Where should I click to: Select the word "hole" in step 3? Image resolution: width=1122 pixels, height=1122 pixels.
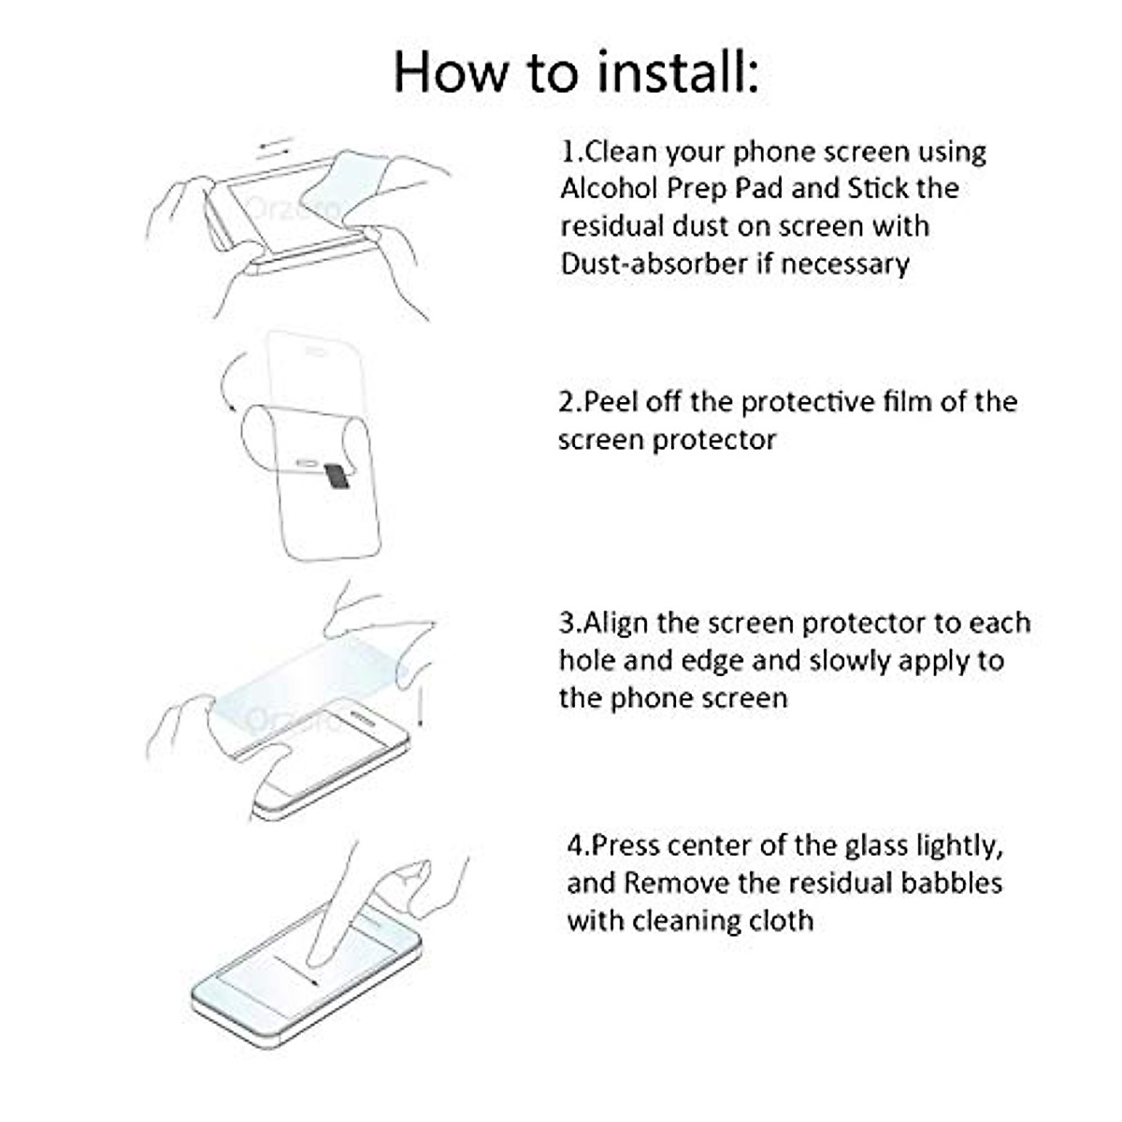point(587,661)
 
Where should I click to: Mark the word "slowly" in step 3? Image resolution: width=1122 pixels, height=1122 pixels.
point(849,661)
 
